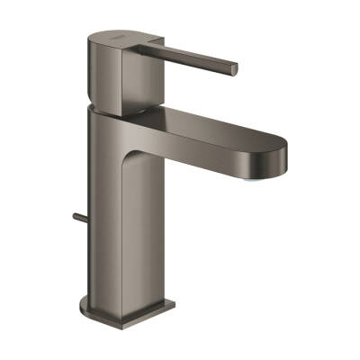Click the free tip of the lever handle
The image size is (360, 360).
(x=234, y=68)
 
